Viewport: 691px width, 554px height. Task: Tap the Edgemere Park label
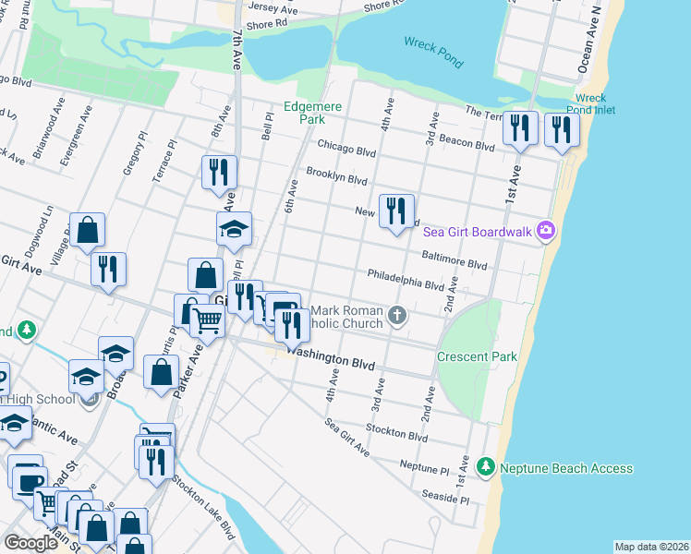coord(312,113)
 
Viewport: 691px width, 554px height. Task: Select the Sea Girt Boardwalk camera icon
coord(547,230)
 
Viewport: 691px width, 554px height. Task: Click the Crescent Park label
coord(477,356)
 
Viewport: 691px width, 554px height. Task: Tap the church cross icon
coord(397,316)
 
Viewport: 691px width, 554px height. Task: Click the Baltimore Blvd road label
coord(454,263)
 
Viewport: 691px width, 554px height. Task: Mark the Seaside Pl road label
coord(446,499)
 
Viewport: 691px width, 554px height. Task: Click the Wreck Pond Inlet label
coord(590,103)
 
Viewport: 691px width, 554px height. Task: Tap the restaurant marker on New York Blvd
coord(396,211)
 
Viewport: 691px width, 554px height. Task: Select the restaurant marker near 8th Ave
coord(219,173)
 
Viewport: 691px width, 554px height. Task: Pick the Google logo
coord(30,543)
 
